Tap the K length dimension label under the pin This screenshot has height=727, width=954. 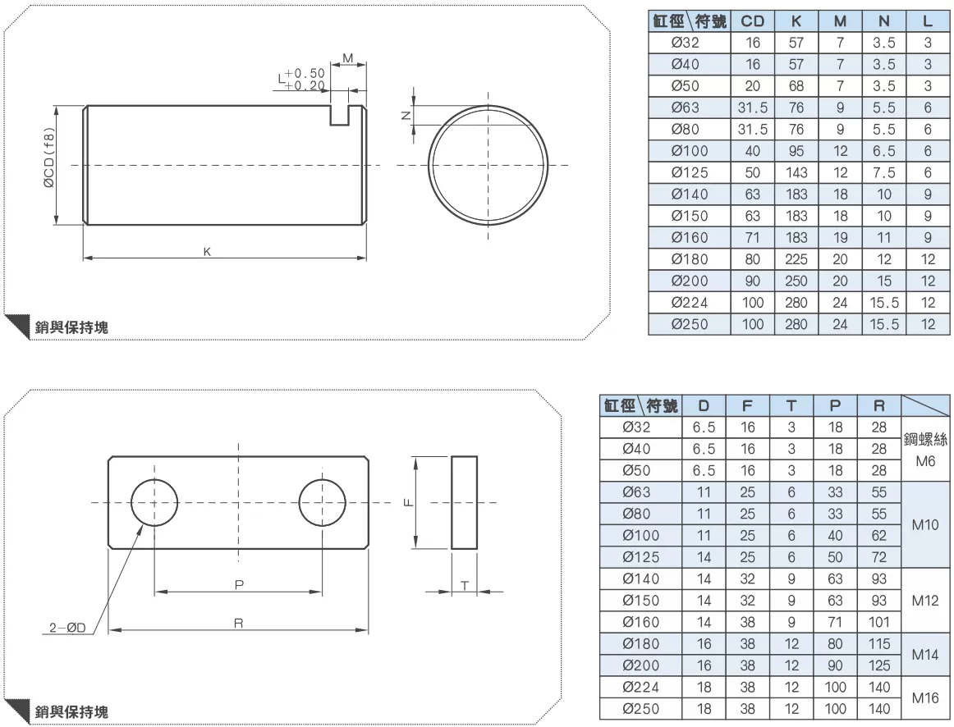[x=208, y=252]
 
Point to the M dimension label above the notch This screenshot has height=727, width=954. [x=348, y=58]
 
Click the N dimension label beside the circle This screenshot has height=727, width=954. [x=406, y=116]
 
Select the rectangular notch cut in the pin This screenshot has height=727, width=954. [x=340, y=116]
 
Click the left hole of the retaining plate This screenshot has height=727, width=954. [x=154, y=503]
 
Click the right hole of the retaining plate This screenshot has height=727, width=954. [x=323, y=503]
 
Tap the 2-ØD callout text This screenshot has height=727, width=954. [x=67, y=628]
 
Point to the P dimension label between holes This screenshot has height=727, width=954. [x=239, y=584]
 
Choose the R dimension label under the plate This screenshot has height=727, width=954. [x=238, y=623]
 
